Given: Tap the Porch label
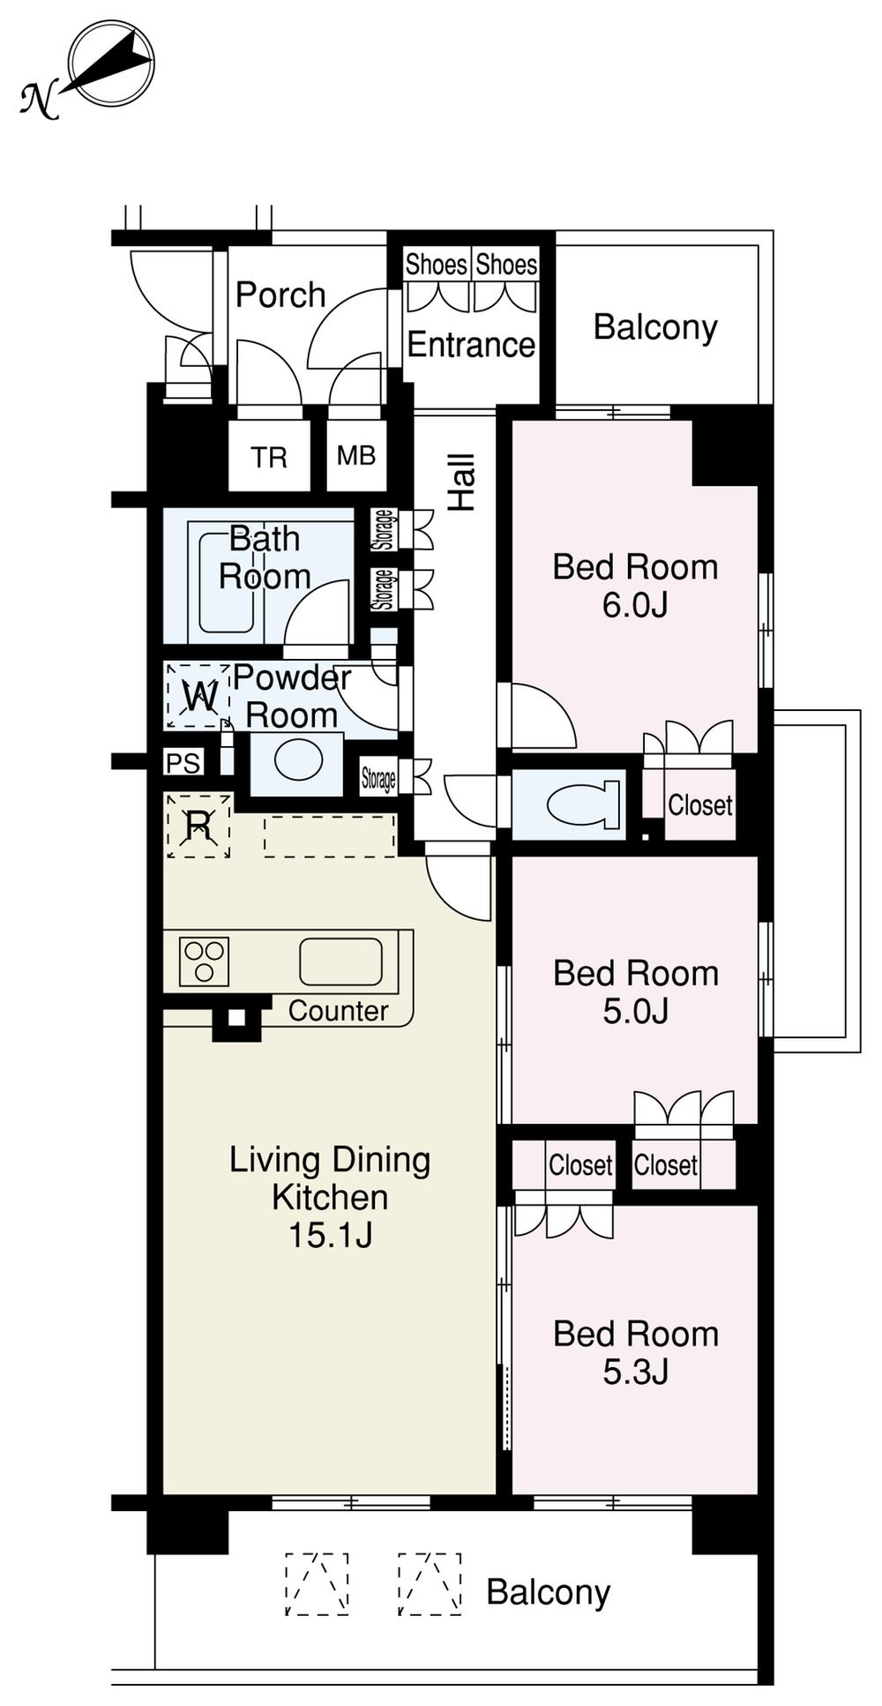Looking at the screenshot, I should (280, 295).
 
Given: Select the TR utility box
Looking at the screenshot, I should (269, 457).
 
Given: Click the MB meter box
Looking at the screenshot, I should (356, 456).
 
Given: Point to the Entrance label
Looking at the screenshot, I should (471, 344).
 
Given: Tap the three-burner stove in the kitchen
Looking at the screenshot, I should (205, 961).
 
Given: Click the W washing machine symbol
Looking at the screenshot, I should (198, 697).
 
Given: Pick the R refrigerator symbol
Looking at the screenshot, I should (198, 826).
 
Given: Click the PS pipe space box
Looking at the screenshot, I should (183, 762).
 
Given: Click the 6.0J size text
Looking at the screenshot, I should (635, 605).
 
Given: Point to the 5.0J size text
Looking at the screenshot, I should (635, 1011).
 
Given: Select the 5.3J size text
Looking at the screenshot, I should (635, 1372).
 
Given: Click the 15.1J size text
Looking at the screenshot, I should (330, 1235).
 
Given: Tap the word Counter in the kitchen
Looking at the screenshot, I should (338, 1011).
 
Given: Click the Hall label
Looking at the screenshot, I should (462, 483).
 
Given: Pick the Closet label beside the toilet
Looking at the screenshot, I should (699, 804).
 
